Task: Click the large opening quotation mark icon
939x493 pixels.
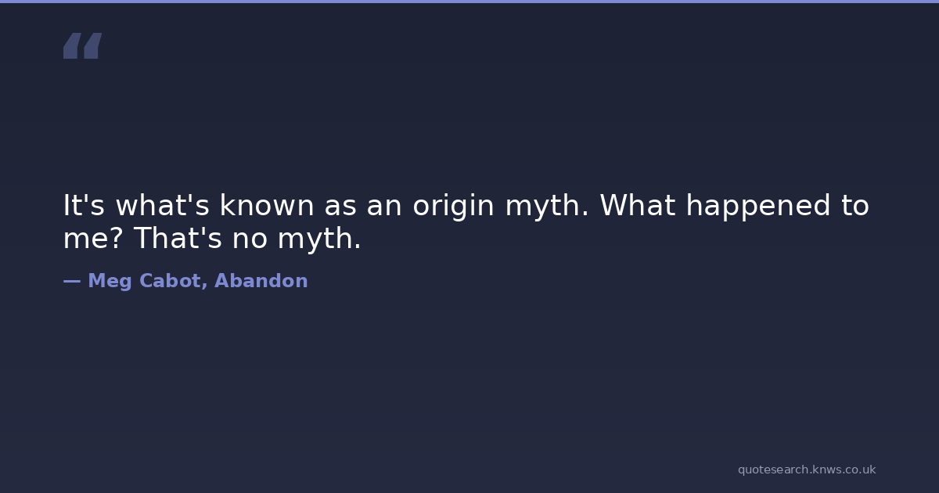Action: point(83,45)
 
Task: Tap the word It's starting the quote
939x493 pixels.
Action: point(84,205)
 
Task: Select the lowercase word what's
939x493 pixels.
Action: point(162,205)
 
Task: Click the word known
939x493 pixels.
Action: point(267,205)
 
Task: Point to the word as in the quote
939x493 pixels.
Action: point(340,207)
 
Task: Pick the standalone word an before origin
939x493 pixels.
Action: point(384,207)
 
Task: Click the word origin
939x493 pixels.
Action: point(454,207)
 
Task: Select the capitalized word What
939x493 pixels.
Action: point(638,205)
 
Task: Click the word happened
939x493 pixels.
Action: point(758,207)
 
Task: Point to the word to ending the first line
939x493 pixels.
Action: point(855,205)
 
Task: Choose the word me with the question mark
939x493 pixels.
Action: point(93,238)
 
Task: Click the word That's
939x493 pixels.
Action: point(178,238)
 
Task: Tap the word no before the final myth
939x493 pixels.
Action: point(250,240)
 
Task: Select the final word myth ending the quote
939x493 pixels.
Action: point(319,240)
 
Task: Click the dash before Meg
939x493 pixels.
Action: point(72,281)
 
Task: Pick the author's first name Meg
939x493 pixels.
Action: point(110,281)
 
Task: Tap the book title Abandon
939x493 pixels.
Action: point(261,280)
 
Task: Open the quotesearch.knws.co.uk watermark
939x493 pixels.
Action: point(807,470)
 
